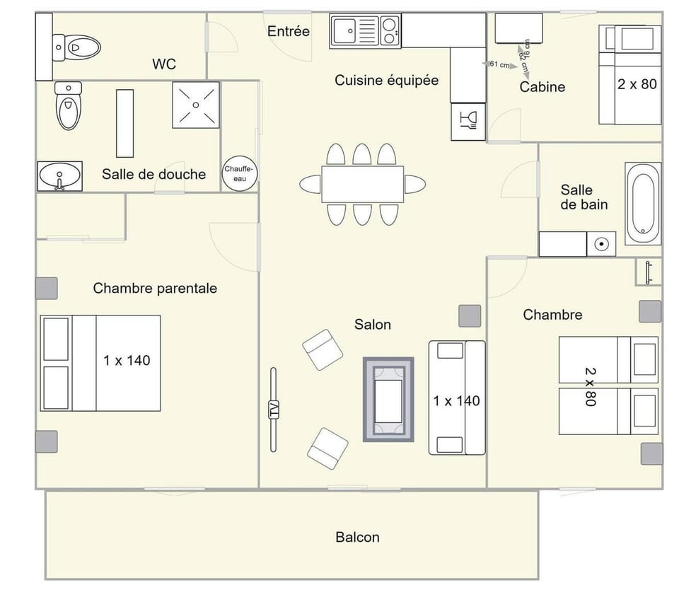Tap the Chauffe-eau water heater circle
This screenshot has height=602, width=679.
pos(240,173)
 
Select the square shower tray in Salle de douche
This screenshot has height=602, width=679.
pos(196,105)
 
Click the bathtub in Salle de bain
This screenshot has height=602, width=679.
pos(643,199)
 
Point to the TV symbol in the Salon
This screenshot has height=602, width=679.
pos(274,410)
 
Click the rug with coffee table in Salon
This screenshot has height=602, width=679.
pos(388,400)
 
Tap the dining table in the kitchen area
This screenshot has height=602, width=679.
pos(362,184)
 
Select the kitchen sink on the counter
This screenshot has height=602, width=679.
pos(346,31)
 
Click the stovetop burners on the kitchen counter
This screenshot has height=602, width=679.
pos(389,30)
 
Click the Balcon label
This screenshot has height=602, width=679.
pos(357,537)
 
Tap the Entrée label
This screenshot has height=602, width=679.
pos(288,31)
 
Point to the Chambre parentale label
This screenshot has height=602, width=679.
pos(155,288)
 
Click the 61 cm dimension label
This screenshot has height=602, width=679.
pos(499,65)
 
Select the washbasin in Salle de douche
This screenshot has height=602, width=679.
pos(59,175)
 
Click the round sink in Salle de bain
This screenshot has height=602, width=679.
pos(602,245)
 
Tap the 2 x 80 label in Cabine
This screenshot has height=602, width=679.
pos(637,84)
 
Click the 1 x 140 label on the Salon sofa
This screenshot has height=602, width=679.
pos(456,400)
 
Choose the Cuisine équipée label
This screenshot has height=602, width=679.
pos(386,80)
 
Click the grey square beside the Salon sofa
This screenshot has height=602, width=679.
pos(470,316)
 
